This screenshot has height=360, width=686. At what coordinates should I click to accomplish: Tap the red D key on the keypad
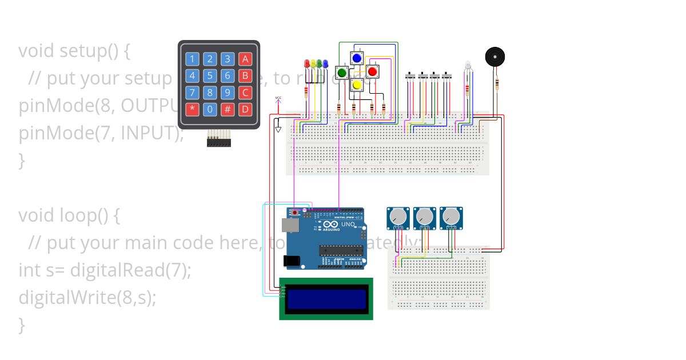tap(245, 109)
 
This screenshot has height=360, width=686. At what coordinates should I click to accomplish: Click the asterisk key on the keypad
tap(192, 109)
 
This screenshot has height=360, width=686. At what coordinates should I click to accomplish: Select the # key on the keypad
tap(228, 109)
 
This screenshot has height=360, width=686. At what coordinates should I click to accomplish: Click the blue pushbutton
tap(357, 58)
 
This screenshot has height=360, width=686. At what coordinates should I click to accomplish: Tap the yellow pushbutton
tap(357, 85)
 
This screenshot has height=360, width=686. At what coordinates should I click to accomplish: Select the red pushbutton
tap(372, 71)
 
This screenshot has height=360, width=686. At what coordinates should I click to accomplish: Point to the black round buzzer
tap(495, 57)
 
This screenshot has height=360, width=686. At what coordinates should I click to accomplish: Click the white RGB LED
tap(468, 66)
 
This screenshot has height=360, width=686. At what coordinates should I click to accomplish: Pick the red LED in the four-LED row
tap(306, 64)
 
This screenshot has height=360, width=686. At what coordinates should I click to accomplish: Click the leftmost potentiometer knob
tap(397, 217)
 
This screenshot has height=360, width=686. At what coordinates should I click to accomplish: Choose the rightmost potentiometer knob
tap(451, 217)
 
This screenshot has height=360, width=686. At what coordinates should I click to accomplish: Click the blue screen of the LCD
tap(326, 299)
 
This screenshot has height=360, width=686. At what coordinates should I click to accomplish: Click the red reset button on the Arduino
tap(294, 213)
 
